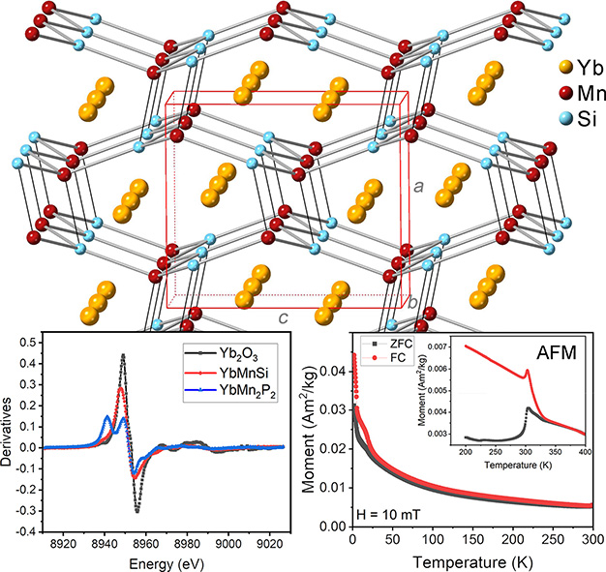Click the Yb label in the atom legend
(580, 69)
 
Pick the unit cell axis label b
(413, 304)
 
